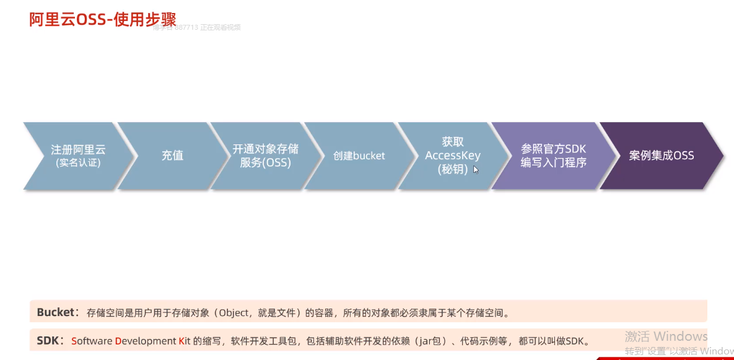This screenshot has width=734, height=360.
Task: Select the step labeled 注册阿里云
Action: pos(78,149)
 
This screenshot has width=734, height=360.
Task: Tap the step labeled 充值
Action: pos(172,156)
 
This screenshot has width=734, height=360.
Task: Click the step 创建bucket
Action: pos(359,156)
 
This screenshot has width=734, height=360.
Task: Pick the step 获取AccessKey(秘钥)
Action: pos(452,156)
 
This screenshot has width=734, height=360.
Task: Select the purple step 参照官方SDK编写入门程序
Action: pos(553,156)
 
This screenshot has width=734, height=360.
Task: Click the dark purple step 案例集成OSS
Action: pos(661,156)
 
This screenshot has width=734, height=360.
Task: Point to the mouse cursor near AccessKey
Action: pos(476,169)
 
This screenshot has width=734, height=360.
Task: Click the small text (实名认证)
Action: pos(78,164)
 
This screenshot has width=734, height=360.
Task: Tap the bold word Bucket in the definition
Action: pos(55,312)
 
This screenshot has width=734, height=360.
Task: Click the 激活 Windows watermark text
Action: pos(666,336)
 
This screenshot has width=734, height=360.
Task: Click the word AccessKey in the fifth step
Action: pos(452,156)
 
